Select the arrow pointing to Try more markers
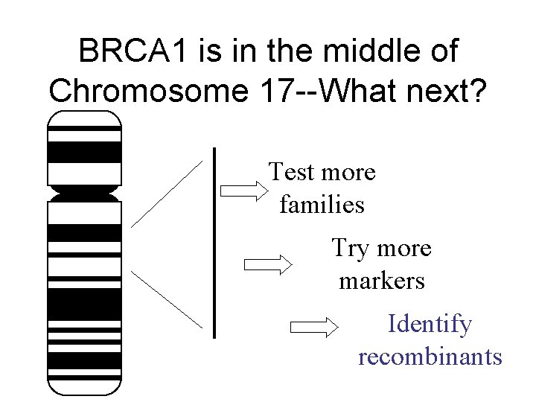(269, 264)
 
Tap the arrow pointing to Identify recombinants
(313, 326)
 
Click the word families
(322, 204)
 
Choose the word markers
(381, 281)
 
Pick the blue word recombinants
(430, 357)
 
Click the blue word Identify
(430, 325)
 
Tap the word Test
(291, 172)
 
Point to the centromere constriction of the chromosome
(83, 194)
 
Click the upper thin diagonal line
(167, 193)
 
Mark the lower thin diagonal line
(167, 298)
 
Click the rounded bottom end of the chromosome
(83, 386)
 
